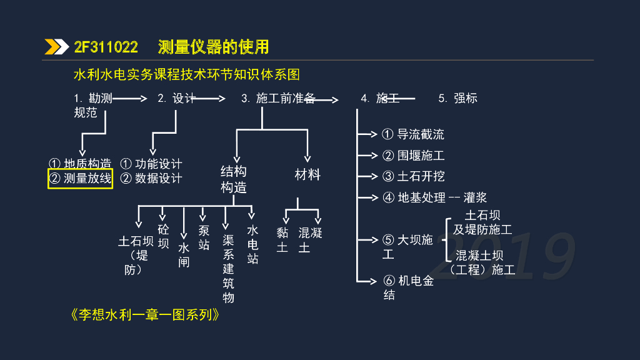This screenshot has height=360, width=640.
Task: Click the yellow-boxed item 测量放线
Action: coord(81,179)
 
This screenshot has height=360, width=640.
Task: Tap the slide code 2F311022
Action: coord(106,47)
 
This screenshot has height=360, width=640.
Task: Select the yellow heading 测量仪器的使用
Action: coord(213,47)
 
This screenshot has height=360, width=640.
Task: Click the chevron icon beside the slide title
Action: coord(57,47)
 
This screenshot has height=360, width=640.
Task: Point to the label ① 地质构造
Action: coord(80,164)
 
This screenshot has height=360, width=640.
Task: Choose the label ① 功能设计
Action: coord(151,164)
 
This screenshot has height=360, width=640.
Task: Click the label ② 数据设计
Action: coord(151,179)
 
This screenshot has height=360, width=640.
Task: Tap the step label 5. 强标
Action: coord(457,98)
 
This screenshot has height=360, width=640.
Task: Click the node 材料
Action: coord(307,175)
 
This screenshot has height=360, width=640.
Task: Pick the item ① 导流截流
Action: coord(413,134)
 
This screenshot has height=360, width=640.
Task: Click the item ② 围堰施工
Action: coord(413,156)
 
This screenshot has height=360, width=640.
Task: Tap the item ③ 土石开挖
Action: coord(413,177)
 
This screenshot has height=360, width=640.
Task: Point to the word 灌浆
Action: coord(476,198)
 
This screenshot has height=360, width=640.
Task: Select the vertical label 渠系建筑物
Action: coord(228,262)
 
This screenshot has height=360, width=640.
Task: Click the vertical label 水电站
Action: coord(252,244)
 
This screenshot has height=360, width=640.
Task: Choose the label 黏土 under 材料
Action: coord(283,240)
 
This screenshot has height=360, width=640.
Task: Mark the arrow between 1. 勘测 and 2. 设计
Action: coord(130,98)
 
